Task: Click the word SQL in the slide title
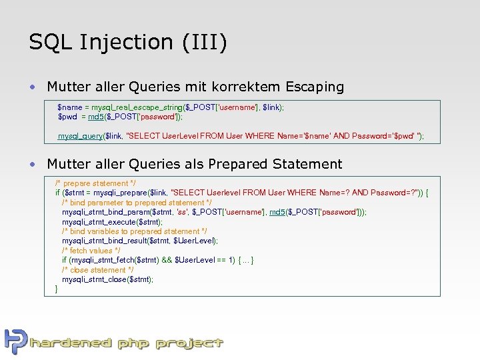[51, 42]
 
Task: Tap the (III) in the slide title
[204, 42]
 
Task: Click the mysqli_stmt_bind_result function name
[107, 241]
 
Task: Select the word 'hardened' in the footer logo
[71, 343]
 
